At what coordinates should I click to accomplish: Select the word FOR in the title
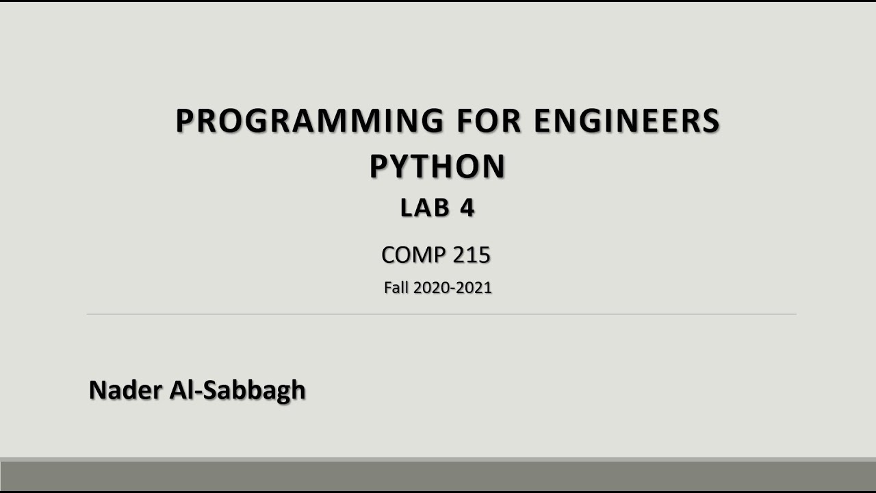(488, 121)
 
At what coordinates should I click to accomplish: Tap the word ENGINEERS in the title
(626, 121)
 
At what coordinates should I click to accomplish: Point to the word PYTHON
(437, 166)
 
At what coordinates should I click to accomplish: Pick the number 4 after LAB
(467, 208)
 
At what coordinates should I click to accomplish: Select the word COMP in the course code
(403, 255)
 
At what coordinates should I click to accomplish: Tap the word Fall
(396, 288)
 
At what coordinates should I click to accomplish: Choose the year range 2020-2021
(452, 288)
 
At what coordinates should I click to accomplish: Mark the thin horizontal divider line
(441, 314)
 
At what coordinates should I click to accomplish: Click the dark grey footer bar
(438, 475)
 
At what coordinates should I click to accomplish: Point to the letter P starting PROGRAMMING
(185, 121)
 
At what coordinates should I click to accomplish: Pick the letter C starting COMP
(389, 255)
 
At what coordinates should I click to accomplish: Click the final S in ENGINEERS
(711, 121)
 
